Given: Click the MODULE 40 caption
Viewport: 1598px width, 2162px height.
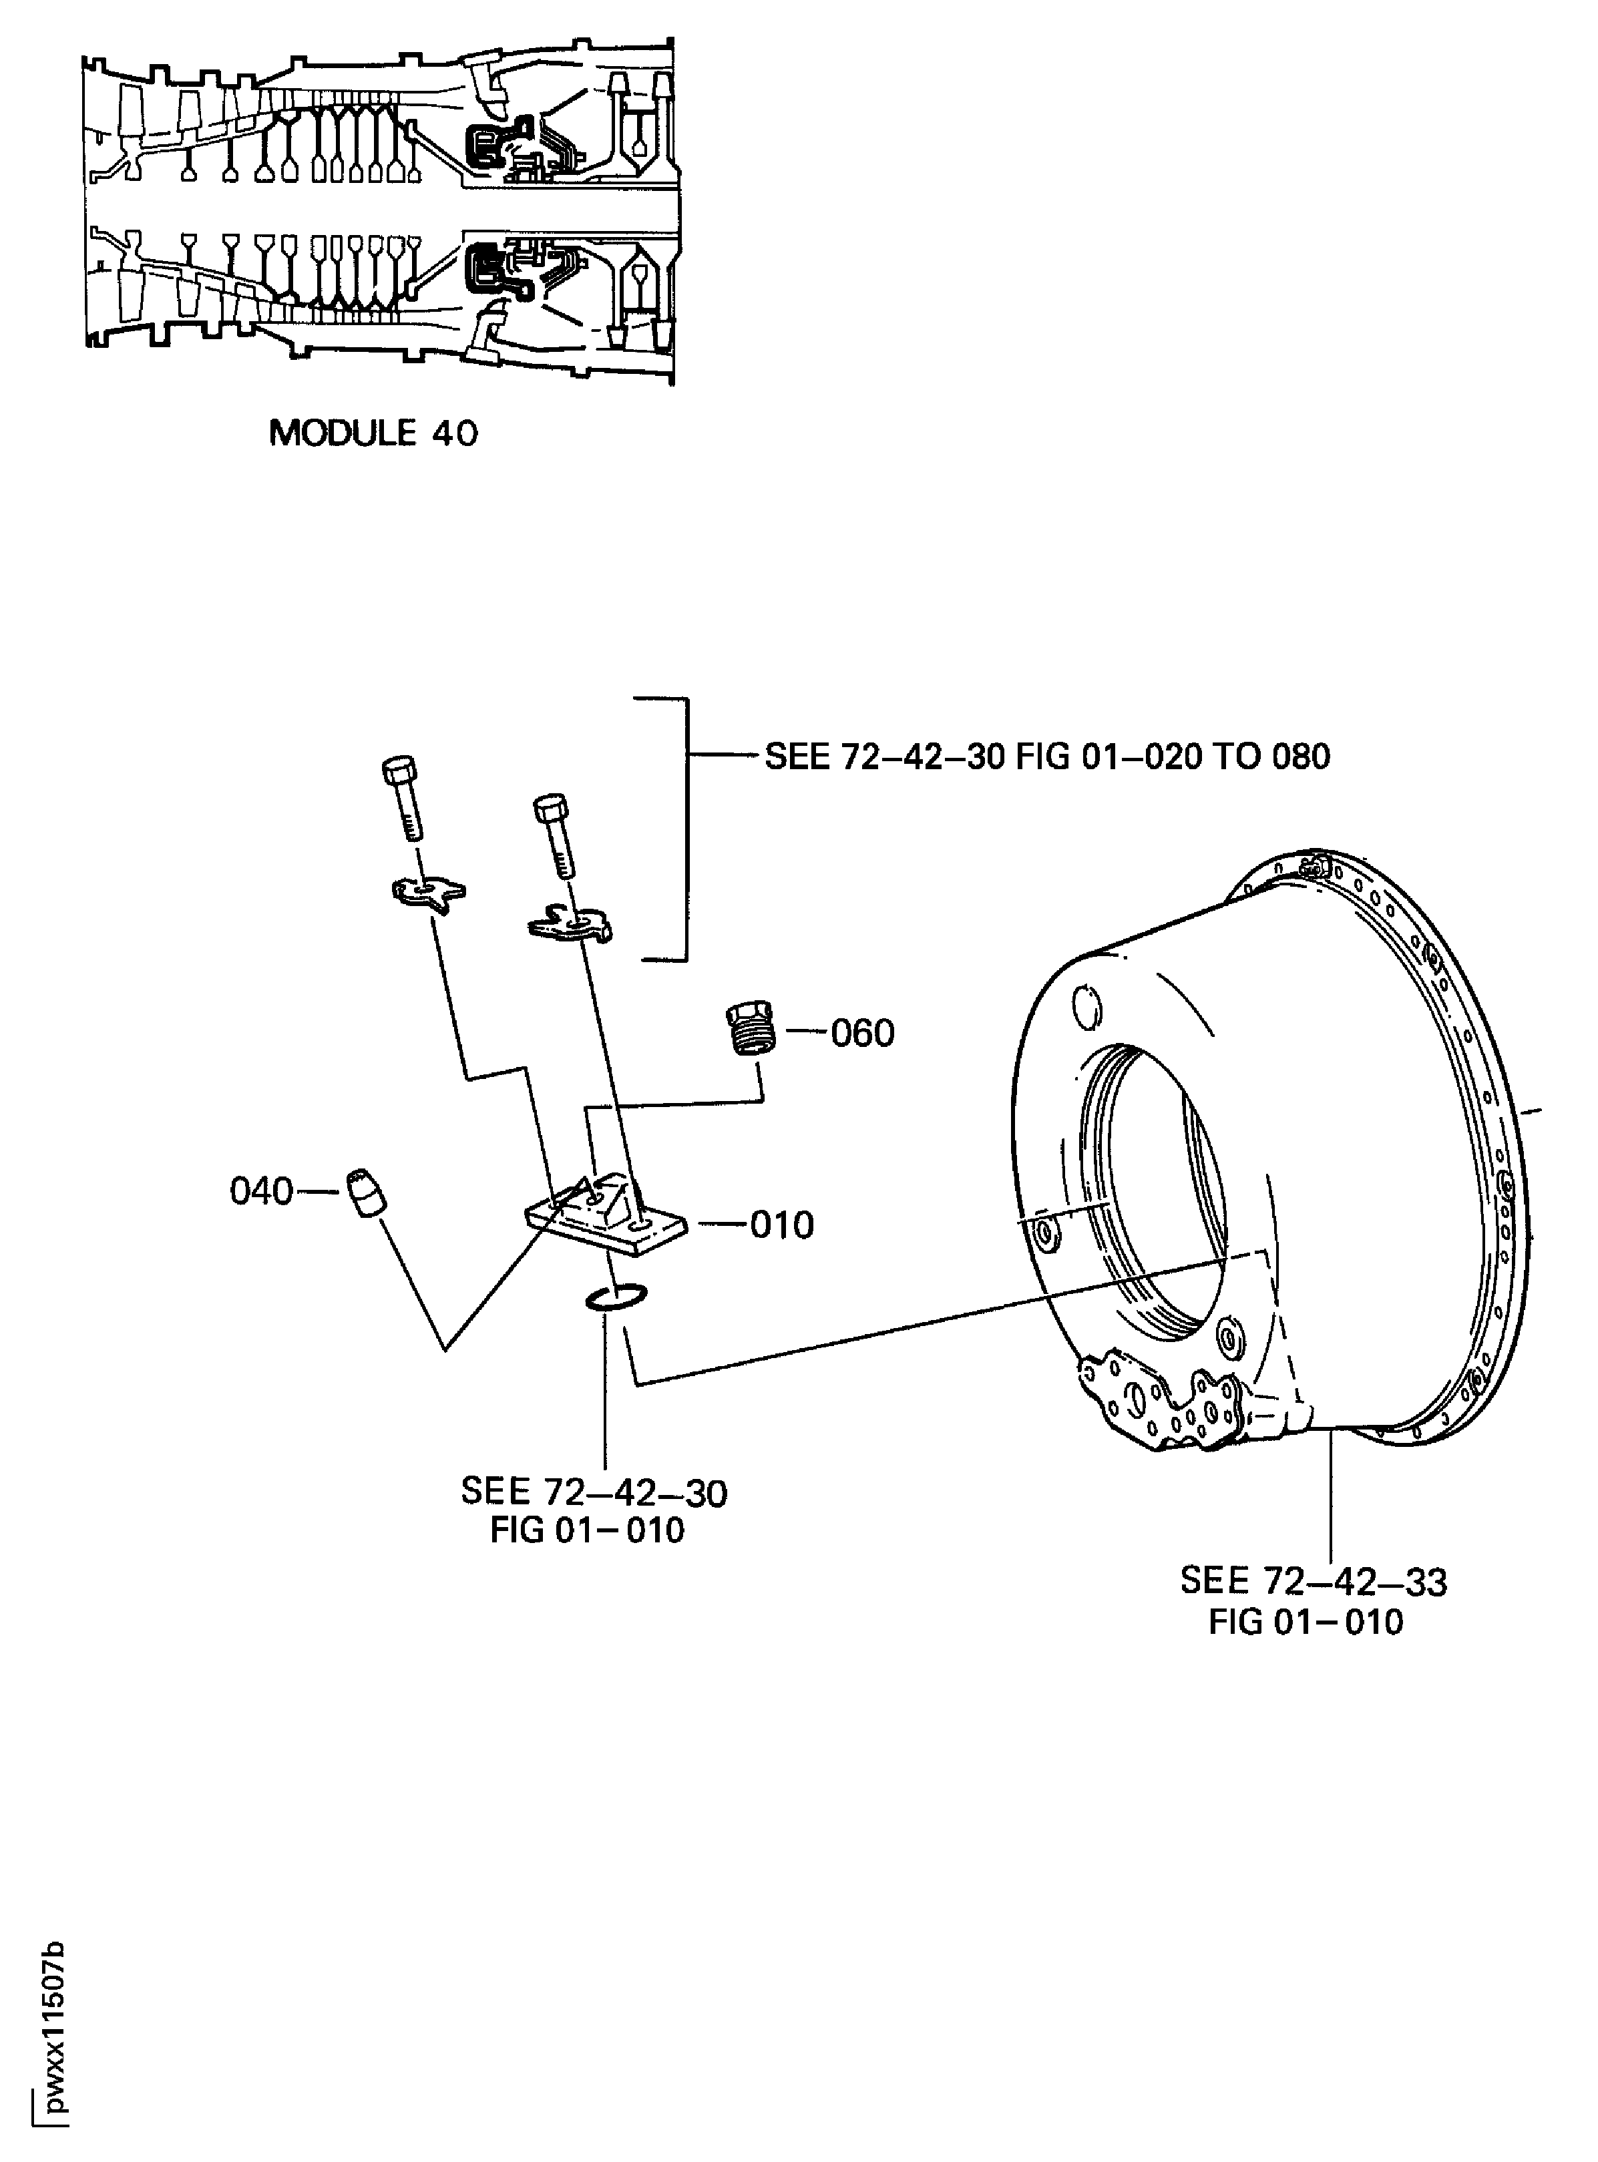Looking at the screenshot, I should coord(373,433).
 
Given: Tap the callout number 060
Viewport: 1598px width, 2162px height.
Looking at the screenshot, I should coord(862,1034).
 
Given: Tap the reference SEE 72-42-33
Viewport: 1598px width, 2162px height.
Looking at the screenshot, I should coord(1313,1583).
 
